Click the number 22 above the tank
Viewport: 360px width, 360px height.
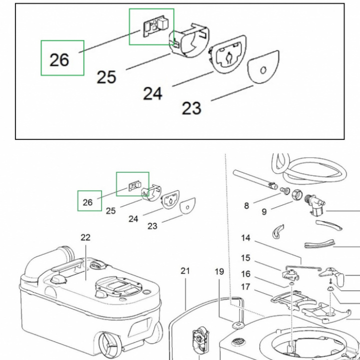pos(85,237)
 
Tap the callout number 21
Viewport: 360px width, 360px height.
pos(185,271)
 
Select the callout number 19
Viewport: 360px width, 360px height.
pos(219,272)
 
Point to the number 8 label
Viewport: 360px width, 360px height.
pos(246,206)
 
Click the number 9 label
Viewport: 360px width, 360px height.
pos(264,212)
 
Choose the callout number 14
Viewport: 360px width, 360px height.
pos(245,238)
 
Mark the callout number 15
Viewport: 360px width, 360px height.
pos(245,258)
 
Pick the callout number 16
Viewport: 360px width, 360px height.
pos(245,274)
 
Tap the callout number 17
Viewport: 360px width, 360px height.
pos(245,287)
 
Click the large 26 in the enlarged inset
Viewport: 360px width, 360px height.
pos(59,60)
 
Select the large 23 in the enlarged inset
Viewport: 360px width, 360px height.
pos(191,108)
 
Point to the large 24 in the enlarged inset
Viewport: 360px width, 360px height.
pos(153,93)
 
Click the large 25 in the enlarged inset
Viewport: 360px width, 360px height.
pos(106,77)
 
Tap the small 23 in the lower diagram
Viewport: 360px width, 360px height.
pos(152,226)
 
